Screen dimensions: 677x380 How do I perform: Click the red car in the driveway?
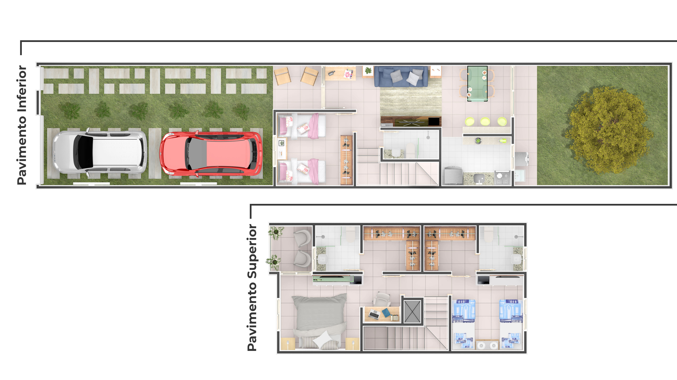[x=211, y=154]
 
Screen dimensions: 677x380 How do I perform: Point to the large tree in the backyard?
[x=608, y=131]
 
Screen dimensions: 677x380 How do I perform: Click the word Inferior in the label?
[x=22, y=89]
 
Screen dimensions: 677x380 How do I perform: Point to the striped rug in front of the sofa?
[x=410, y=101]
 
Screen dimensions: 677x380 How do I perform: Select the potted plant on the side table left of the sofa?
[x=368, y=70]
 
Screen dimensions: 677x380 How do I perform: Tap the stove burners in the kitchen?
[x=502, y=178]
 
